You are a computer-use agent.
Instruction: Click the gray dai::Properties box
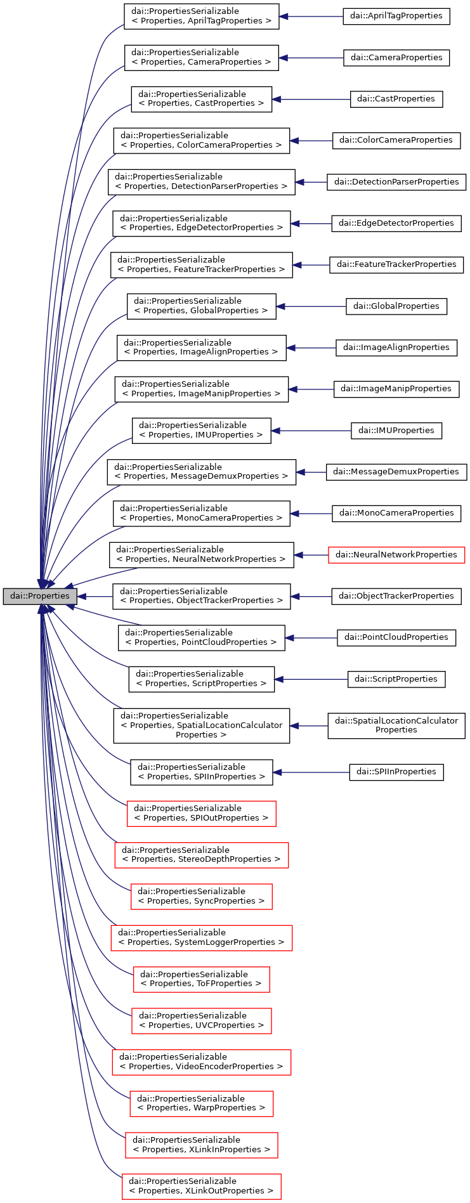40,596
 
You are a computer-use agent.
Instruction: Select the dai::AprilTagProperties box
396,16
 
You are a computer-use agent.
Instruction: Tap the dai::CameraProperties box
396,58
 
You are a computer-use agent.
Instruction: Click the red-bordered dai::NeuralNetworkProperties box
396,555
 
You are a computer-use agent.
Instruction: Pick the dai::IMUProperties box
396,431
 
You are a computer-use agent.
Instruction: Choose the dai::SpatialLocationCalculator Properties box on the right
396,725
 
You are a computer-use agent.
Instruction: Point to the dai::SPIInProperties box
396,772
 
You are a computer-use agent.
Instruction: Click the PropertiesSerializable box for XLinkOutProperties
201,1186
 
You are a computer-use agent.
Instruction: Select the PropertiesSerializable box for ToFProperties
201,979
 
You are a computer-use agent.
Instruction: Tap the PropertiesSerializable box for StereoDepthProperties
201,855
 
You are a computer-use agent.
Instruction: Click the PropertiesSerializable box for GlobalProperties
201,306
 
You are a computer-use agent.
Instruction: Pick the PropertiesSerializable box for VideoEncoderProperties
201,1062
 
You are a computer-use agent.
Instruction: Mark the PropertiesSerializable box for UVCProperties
201,1020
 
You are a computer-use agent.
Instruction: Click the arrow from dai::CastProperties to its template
311,99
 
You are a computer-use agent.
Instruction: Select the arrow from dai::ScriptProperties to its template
311,679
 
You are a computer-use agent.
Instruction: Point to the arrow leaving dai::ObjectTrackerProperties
311,596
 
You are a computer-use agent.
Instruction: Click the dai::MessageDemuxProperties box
396,472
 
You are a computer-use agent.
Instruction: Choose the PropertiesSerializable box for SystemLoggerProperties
201,938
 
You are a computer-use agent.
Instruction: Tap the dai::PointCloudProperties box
396,637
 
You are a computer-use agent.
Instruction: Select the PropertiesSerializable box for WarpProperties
201,1103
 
